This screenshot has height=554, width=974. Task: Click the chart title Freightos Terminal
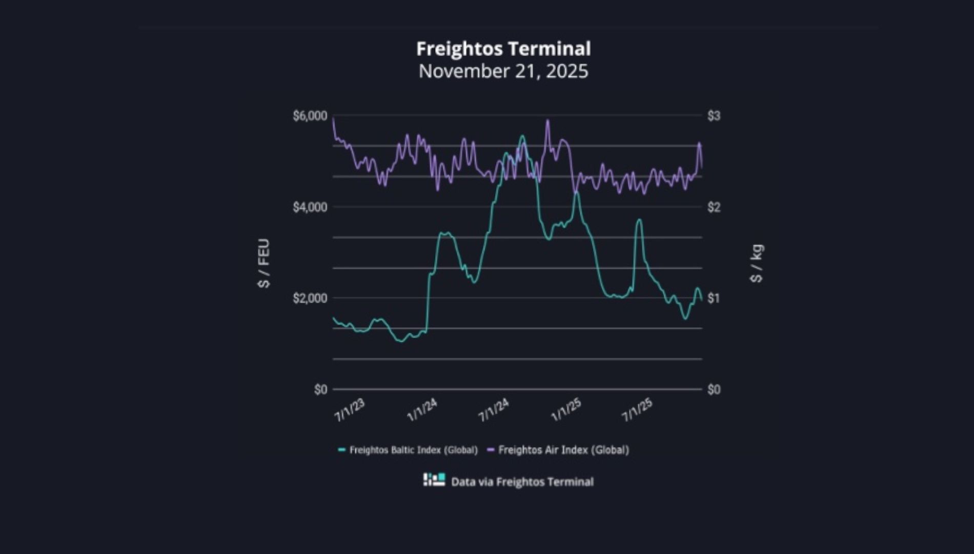503,49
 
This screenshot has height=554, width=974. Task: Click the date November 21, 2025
503,71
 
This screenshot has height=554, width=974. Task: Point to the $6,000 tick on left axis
310,116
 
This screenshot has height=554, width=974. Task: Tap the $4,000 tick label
310,207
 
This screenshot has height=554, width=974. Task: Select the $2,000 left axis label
310,298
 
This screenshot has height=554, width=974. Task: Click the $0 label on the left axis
320,390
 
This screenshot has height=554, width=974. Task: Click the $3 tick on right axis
714,116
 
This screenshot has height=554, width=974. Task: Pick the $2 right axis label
714,207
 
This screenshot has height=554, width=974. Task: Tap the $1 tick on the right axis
714,298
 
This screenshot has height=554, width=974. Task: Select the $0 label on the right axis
714,390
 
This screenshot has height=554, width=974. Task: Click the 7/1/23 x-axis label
350,410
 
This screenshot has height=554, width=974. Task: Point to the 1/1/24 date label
422,410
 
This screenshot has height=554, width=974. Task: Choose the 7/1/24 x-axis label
494,410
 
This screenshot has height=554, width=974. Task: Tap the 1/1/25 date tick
566,410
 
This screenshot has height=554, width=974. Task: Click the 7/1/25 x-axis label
637,410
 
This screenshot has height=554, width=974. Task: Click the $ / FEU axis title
264,263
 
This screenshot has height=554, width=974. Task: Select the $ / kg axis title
757,263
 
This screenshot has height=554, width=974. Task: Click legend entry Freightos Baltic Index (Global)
413,450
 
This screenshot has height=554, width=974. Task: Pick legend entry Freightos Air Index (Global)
563,450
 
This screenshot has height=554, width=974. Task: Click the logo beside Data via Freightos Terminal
434,480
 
